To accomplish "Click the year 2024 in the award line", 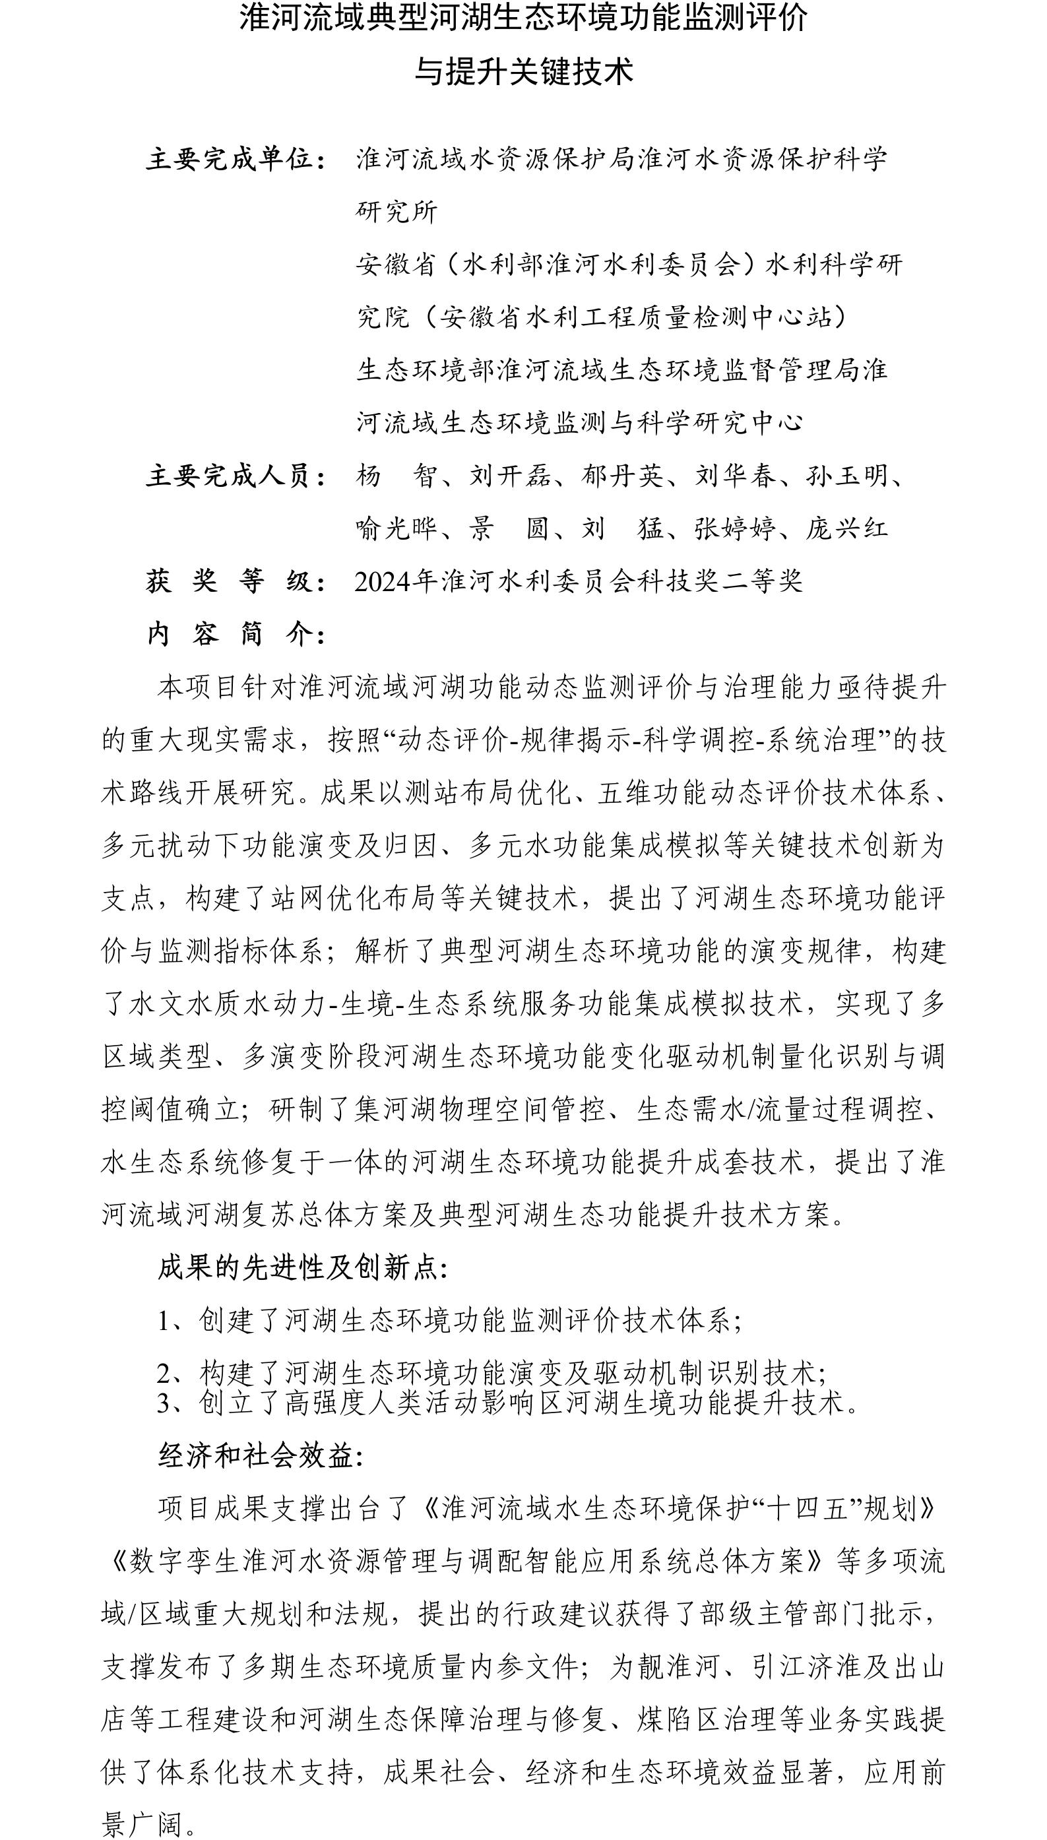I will tap(383, 581).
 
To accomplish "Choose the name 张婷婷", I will tap(735, 528).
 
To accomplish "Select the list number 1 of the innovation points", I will tap(165, 1321).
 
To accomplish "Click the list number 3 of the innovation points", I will tap(165, 1403).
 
